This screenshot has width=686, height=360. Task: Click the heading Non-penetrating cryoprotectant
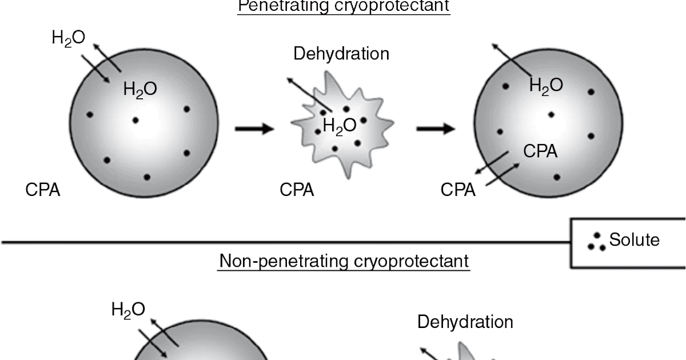[x=344, y=261]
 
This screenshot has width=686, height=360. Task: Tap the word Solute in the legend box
[x=634, y=239]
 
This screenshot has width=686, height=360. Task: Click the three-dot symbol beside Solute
[x=597, y=242]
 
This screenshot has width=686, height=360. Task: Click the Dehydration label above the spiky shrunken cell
[x=341, y=54]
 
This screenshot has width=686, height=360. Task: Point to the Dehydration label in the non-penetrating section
[x=465, y=322]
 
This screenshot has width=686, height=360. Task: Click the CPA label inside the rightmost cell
[x=540, y=151]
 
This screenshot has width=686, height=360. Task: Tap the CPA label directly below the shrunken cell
[x=297, y=190]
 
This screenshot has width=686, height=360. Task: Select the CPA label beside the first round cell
[x=43, y=190]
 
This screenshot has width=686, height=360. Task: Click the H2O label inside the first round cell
[x=140, y=89]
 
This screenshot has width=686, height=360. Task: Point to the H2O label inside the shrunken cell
[x=340, y=125]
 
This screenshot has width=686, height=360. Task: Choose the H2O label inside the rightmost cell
[x=546, y=86]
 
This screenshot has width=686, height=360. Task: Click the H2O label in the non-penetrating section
[x=128, y=310]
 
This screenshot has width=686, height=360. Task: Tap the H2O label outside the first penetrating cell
[x=69, y=38]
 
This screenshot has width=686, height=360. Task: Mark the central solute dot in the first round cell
[x=135, y=120]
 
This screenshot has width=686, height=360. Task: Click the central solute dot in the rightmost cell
[x=551, y=114]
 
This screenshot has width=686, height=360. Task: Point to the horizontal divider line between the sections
[x=286, y=242]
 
